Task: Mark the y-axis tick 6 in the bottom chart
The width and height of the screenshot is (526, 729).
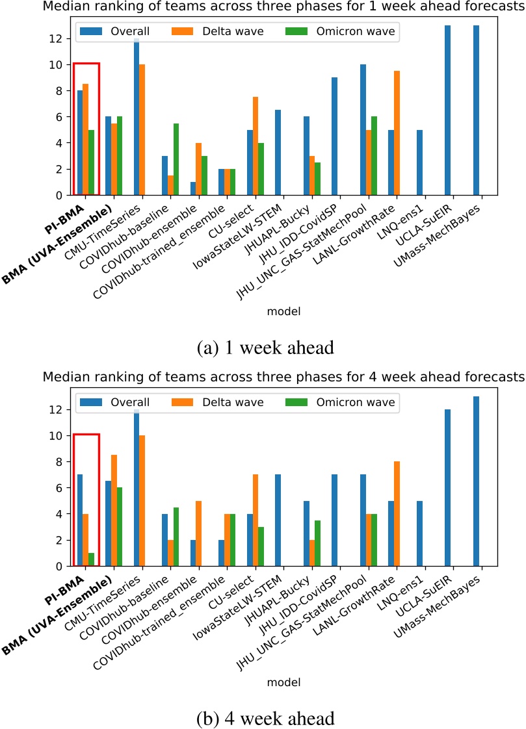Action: tap(60, 488)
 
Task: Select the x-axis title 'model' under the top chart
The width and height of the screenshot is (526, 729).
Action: tap(283, 311)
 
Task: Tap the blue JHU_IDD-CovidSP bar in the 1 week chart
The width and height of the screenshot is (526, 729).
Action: tap(334, 136)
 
